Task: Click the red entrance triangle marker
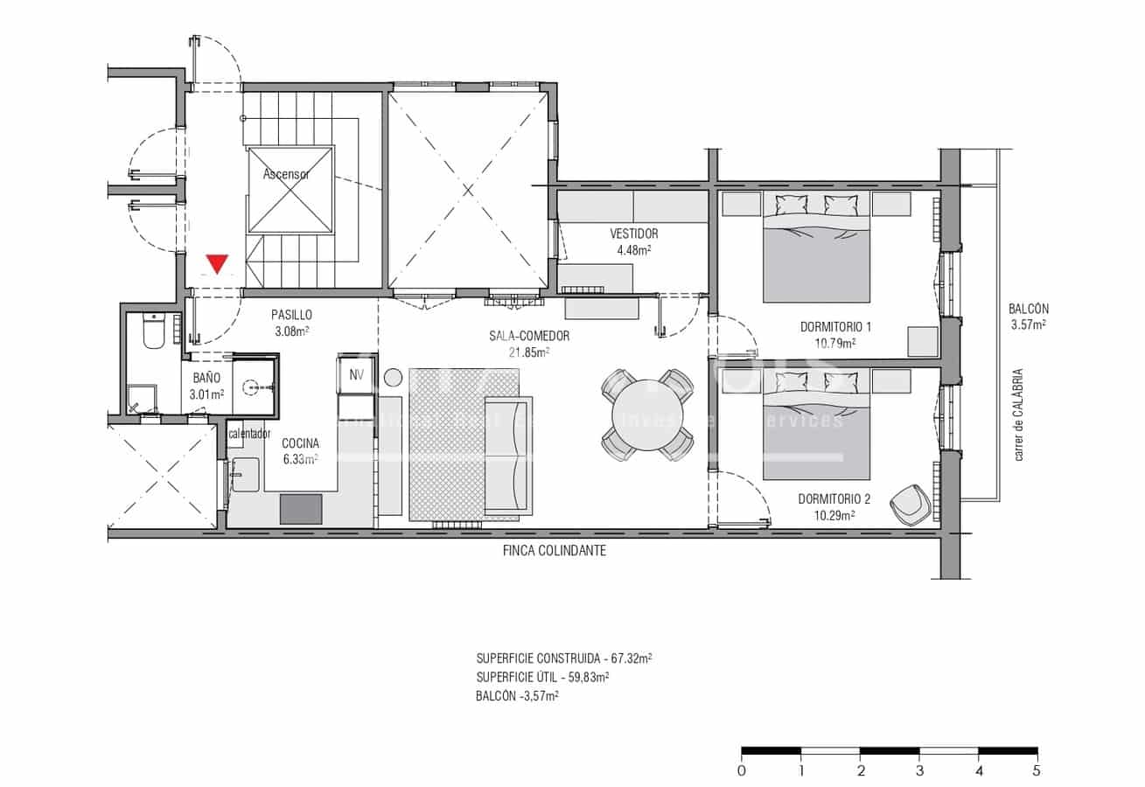coord(217,263)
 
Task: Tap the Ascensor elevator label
coord(286,174)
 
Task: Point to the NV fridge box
coord(356,374)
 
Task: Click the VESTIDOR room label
coord(634,234)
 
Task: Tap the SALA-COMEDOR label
coord(529,336)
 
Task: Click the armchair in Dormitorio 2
coord(911,505)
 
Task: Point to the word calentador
coord(249,434)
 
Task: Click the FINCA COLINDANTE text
coord(555,551)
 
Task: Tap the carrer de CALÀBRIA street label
coord(1019,414)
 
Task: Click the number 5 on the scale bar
coord(1037,771)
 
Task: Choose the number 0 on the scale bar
coord(742,771)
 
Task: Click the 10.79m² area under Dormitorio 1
coord(835,343)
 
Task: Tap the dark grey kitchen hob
coord(301,509)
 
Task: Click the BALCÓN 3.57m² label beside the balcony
coord(1028,316)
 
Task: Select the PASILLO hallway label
coord(291,315)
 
